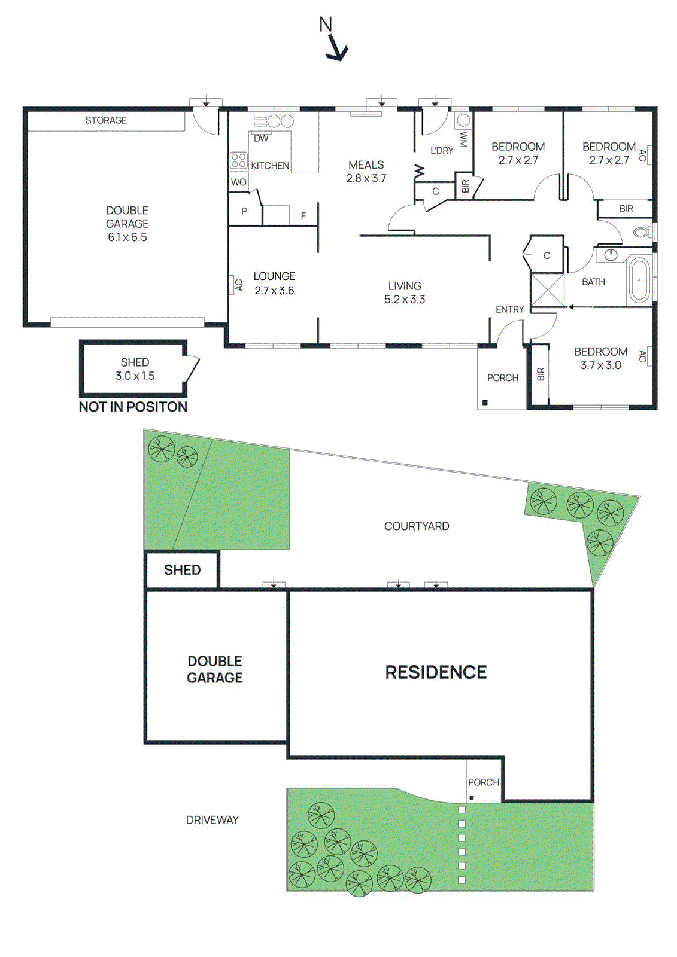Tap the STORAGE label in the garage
click(x=106, y=120)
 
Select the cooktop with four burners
click(x=238, y=160)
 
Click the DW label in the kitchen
click(x=261, y=138)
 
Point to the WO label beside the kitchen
click(x=238, y=182)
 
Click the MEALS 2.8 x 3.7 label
click(x=366, y=171)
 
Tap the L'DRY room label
click(x=442, y=151)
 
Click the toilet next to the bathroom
click(x=641, y=232)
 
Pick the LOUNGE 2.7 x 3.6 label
click(x=274, y=284)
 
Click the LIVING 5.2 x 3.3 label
click(x=405, y=292)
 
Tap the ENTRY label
click(x=509, y=309)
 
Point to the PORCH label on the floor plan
click(x=502, y=378)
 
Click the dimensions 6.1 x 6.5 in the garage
click(x=127, y=237)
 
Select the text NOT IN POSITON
click(x=133, y=407)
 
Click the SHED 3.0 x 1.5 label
click(x=135, y=369)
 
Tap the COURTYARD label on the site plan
click(x=417, y=526)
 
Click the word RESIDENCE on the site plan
click(x=436, y=672)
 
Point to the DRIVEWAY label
click(x=212, y=820)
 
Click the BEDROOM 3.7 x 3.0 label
click(x=600, y=358)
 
